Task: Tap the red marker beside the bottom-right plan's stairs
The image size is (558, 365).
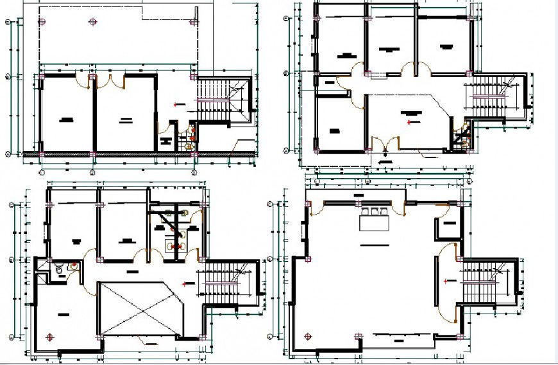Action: (x=447, y=281)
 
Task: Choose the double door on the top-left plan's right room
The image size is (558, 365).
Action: (x=116, y=80)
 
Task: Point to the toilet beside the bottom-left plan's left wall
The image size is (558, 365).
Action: (x=58, y=270)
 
